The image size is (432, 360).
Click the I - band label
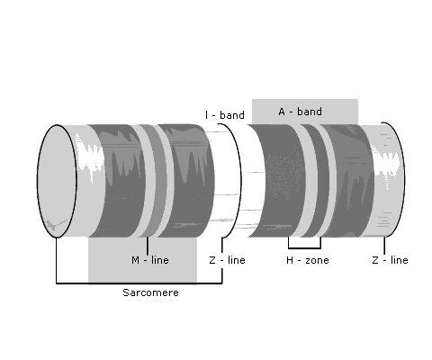click(x=225, y=115)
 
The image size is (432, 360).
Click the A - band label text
click(x=301, y=112)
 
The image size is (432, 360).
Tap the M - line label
click(x=150, y=260)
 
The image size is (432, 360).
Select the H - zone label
click(x=308, y=260)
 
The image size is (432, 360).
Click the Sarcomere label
click(x=150, y=292)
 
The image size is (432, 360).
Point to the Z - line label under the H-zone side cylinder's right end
click(x=390, y=260)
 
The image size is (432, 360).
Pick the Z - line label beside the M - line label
click(x=227, y=260)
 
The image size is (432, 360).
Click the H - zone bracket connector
click(x=304, y=247)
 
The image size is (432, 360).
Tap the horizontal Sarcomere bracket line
click(x=139, y=283)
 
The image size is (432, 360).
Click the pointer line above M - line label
click(x=148, y=246)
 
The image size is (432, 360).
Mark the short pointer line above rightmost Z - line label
click(x=384, y=246)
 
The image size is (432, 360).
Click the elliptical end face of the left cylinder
click(x=57, y=181)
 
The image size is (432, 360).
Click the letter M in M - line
click(x=135, y=260)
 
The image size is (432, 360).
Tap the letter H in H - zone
click(x=290, y=260)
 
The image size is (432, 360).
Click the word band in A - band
click(x=310, y=112)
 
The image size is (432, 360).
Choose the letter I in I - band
click(x=206, y=115)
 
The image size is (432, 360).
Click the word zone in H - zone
click(x=317, y=260)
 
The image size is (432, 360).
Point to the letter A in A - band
click(x=282, y=112)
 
